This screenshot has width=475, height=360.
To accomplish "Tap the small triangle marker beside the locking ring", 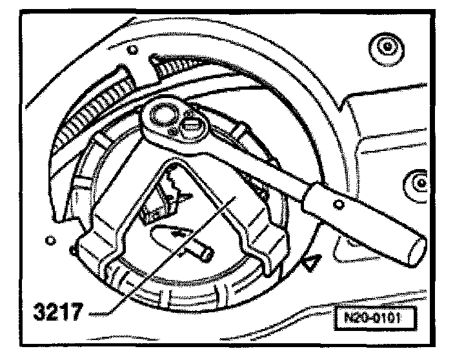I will point(312,262).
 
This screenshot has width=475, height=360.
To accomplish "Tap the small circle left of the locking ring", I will point(50,240).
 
